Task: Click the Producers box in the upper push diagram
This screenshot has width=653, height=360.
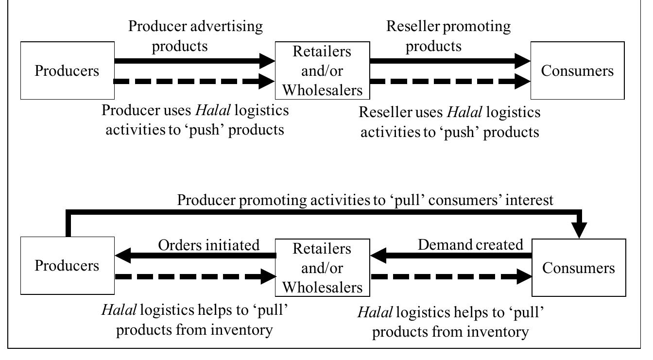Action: [x=67, y=70]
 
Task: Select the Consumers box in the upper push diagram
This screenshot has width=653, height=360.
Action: [x=577, y=70]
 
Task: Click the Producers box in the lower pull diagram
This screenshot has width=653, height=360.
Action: [x=67, y=266]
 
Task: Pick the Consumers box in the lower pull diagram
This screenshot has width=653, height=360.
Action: [x=578, y=268]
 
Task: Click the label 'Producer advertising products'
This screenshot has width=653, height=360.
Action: [x=195, y=36]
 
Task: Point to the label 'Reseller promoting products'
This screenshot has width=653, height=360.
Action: [x=448, y=36]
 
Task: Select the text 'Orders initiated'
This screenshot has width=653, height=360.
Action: [x=209, y=245]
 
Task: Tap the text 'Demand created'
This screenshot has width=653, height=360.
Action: [x=470, y=245]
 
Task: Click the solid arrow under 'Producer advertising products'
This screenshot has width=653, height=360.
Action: [x=194, y=61]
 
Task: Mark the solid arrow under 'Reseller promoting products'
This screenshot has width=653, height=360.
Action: [x=449, y=61]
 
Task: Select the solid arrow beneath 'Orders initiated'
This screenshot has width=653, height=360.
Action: [x=194, y=256]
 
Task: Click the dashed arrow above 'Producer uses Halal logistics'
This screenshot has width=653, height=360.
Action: [x=194, y=81]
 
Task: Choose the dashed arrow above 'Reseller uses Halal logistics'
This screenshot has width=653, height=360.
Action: [x=449, y=81]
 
